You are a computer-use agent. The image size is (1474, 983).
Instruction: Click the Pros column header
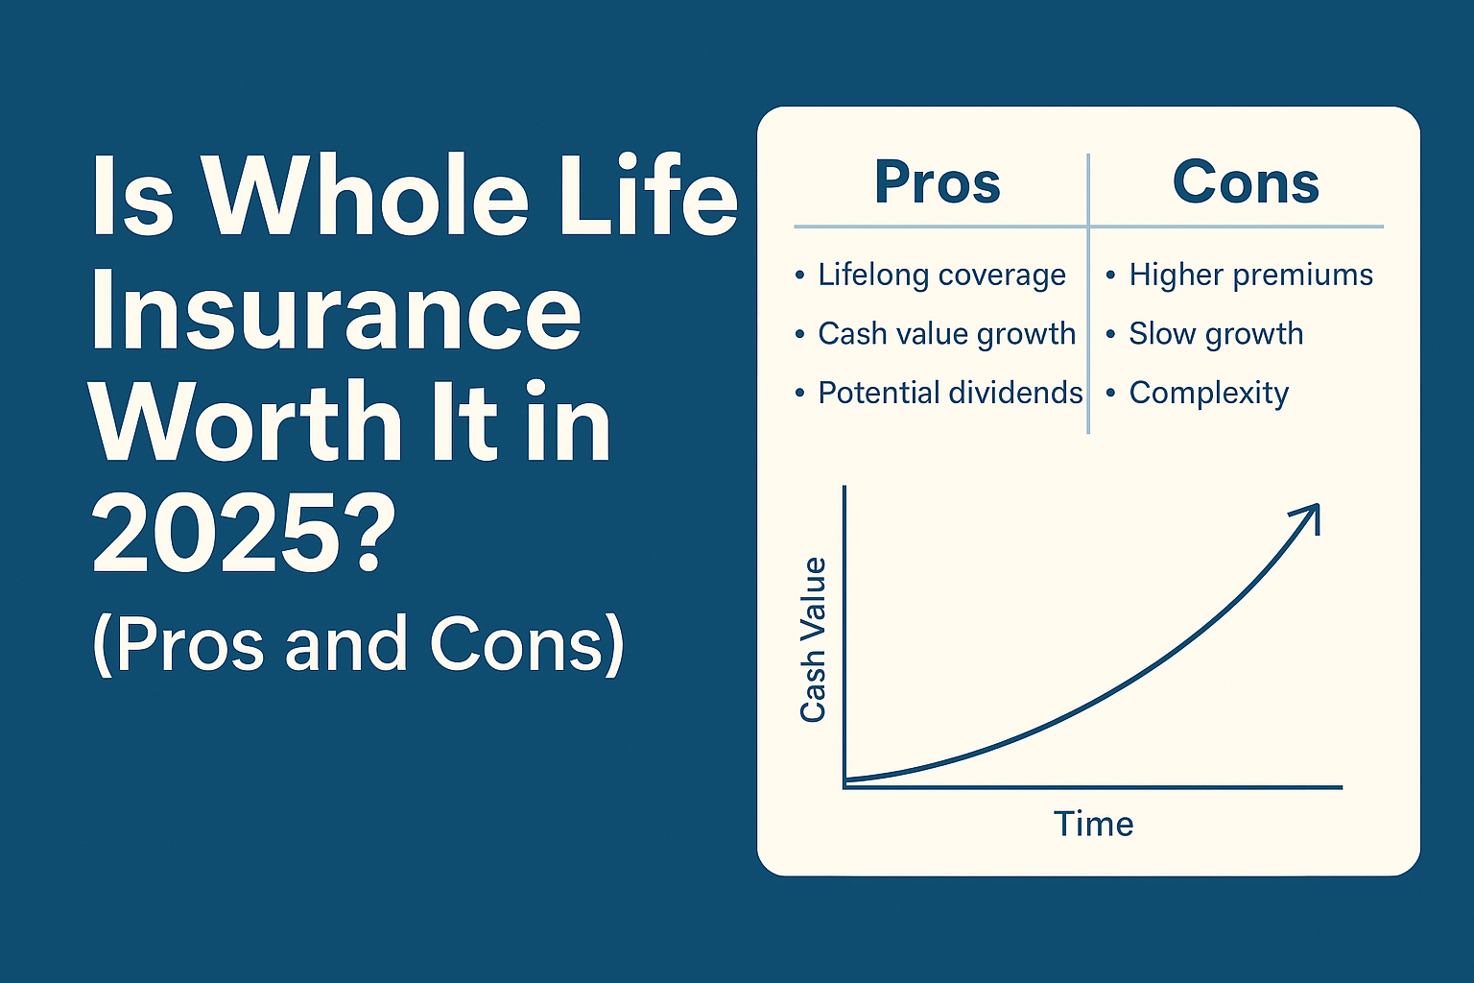(x=938, y=182)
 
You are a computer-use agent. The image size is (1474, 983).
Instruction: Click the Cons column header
(x=1246, y=182)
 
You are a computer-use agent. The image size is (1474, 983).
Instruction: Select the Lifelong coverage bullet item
(x=940, y=276)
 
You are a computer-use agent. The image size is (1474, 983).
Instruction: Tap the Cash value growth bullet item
(x=946, y=334)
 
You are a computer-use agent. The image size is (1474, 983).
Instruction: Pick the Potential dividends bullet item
(x=949, y=394)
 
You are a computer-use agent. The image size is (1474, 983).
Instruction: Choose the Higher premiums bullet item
(x=1250, y=276)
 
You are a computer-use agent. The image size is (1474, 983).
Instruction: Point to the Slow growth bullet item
(x=1216, y=334)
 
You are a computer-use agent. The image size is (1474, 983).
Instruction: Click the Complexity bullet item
(x=1208, y=394)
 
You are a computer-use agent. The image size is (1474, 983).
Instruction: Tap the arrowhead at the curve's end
(x=1309, y=515)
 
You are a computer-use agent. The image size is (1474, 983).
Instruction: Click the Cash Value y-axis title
(x=814, y=639)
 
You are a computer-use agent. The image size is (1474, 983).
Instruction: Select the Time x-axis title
(x=1093, y=824)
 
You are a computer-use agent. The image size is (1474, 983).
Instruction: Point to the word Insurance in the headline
(x=336, y=312)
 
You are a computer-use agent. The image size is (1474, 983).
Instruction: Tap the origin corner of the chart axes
(x=844, y=787)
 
